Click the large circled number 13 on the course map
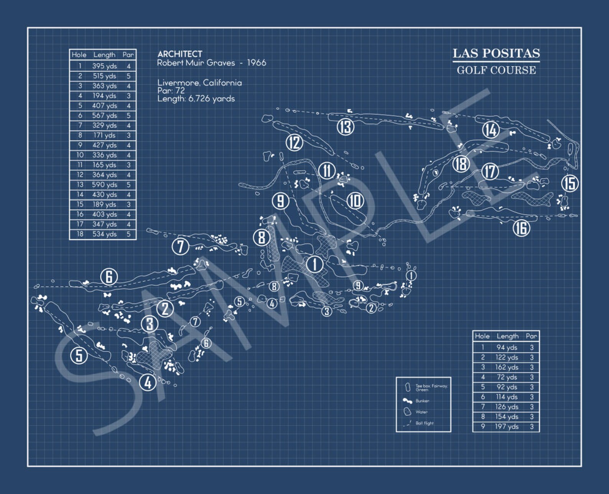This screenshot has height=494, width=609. (x=345, y=127)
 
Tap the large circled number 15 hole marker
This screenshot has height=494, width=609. (x=570, y=183)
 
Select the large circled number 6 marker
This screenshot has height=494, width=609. (x=109, y=277)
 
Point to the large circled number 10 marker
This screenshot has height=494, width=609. (x=355, y=200)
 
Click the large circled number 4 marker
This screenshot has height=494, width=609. (x=148, y=382)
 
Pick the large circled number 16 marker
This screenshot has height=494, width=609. (x=521, y=228)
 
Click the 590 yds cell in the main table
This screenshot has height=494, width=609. (x=104, y=184)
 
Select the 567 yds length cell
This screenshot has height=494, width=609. (x=104, y=115)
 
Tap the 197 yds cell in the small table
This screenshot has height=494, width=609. (x=506, y=426)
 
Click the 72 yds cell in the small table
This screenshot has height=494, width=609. (x=506, y=377)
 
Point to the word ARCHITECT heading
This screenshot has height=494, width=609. (x=179, y=54)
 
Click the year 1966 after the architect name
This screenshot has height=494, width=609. (x=257, y=63)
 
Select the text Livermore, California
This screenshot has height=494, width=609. (x=199, y=83)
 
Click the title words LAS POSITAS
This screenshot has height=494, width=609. (x=496, y=53)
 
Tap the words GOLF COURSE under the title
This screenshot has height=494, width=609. (x=496, y=70)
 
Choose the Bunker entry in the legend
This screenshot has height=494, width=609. (x=422, y=401)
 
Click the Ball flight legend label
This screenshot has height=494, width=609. (x=424, y=423)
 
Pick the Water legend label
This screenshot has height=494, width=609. (x=421, y=412)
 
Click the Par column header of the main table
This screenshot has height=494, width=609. (x=128, y=55)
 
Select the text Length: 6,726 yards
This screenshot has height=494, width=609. (x=196, y=99)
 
